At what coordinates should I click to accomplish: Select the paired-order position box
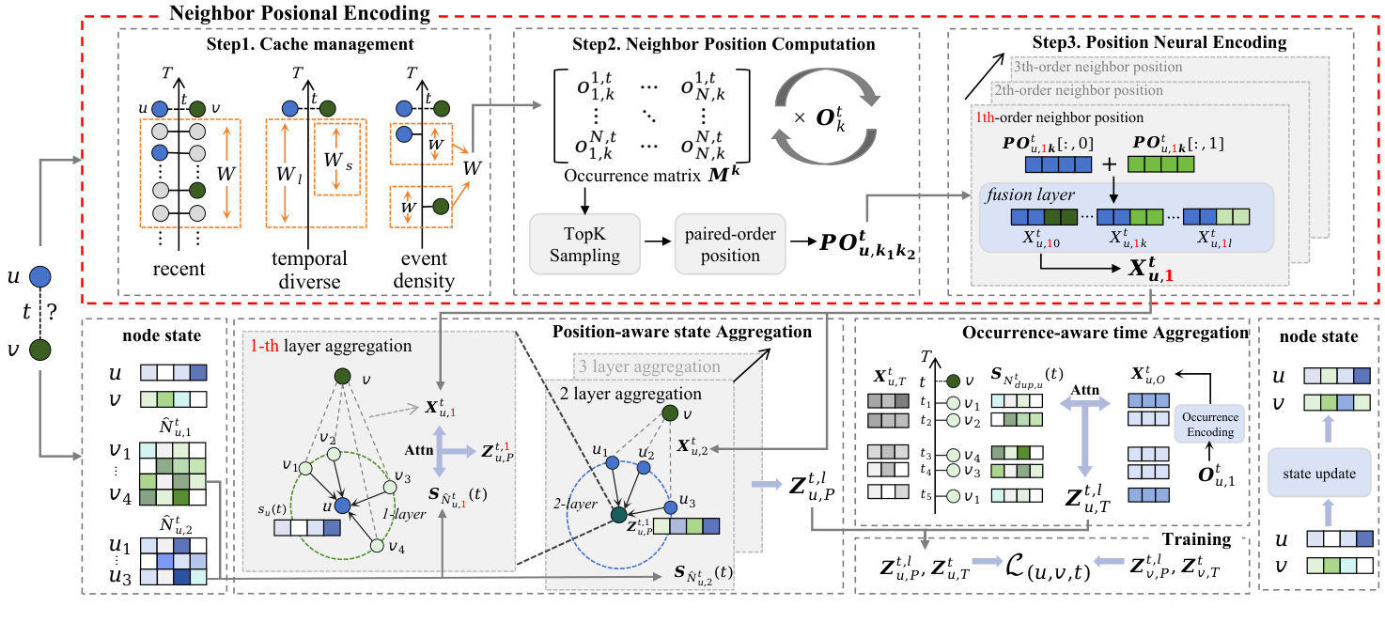tap(730, 242)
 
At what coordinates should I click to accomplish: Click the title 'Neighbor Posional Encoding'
tap(298, 14)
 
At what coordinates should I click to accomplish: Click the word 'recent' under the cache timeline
tap(179, 270)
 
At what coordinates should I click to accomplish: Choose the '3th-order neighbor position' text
tap(1097, 67)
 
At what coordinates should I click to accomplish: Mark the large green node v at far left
tap(39, 350)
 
